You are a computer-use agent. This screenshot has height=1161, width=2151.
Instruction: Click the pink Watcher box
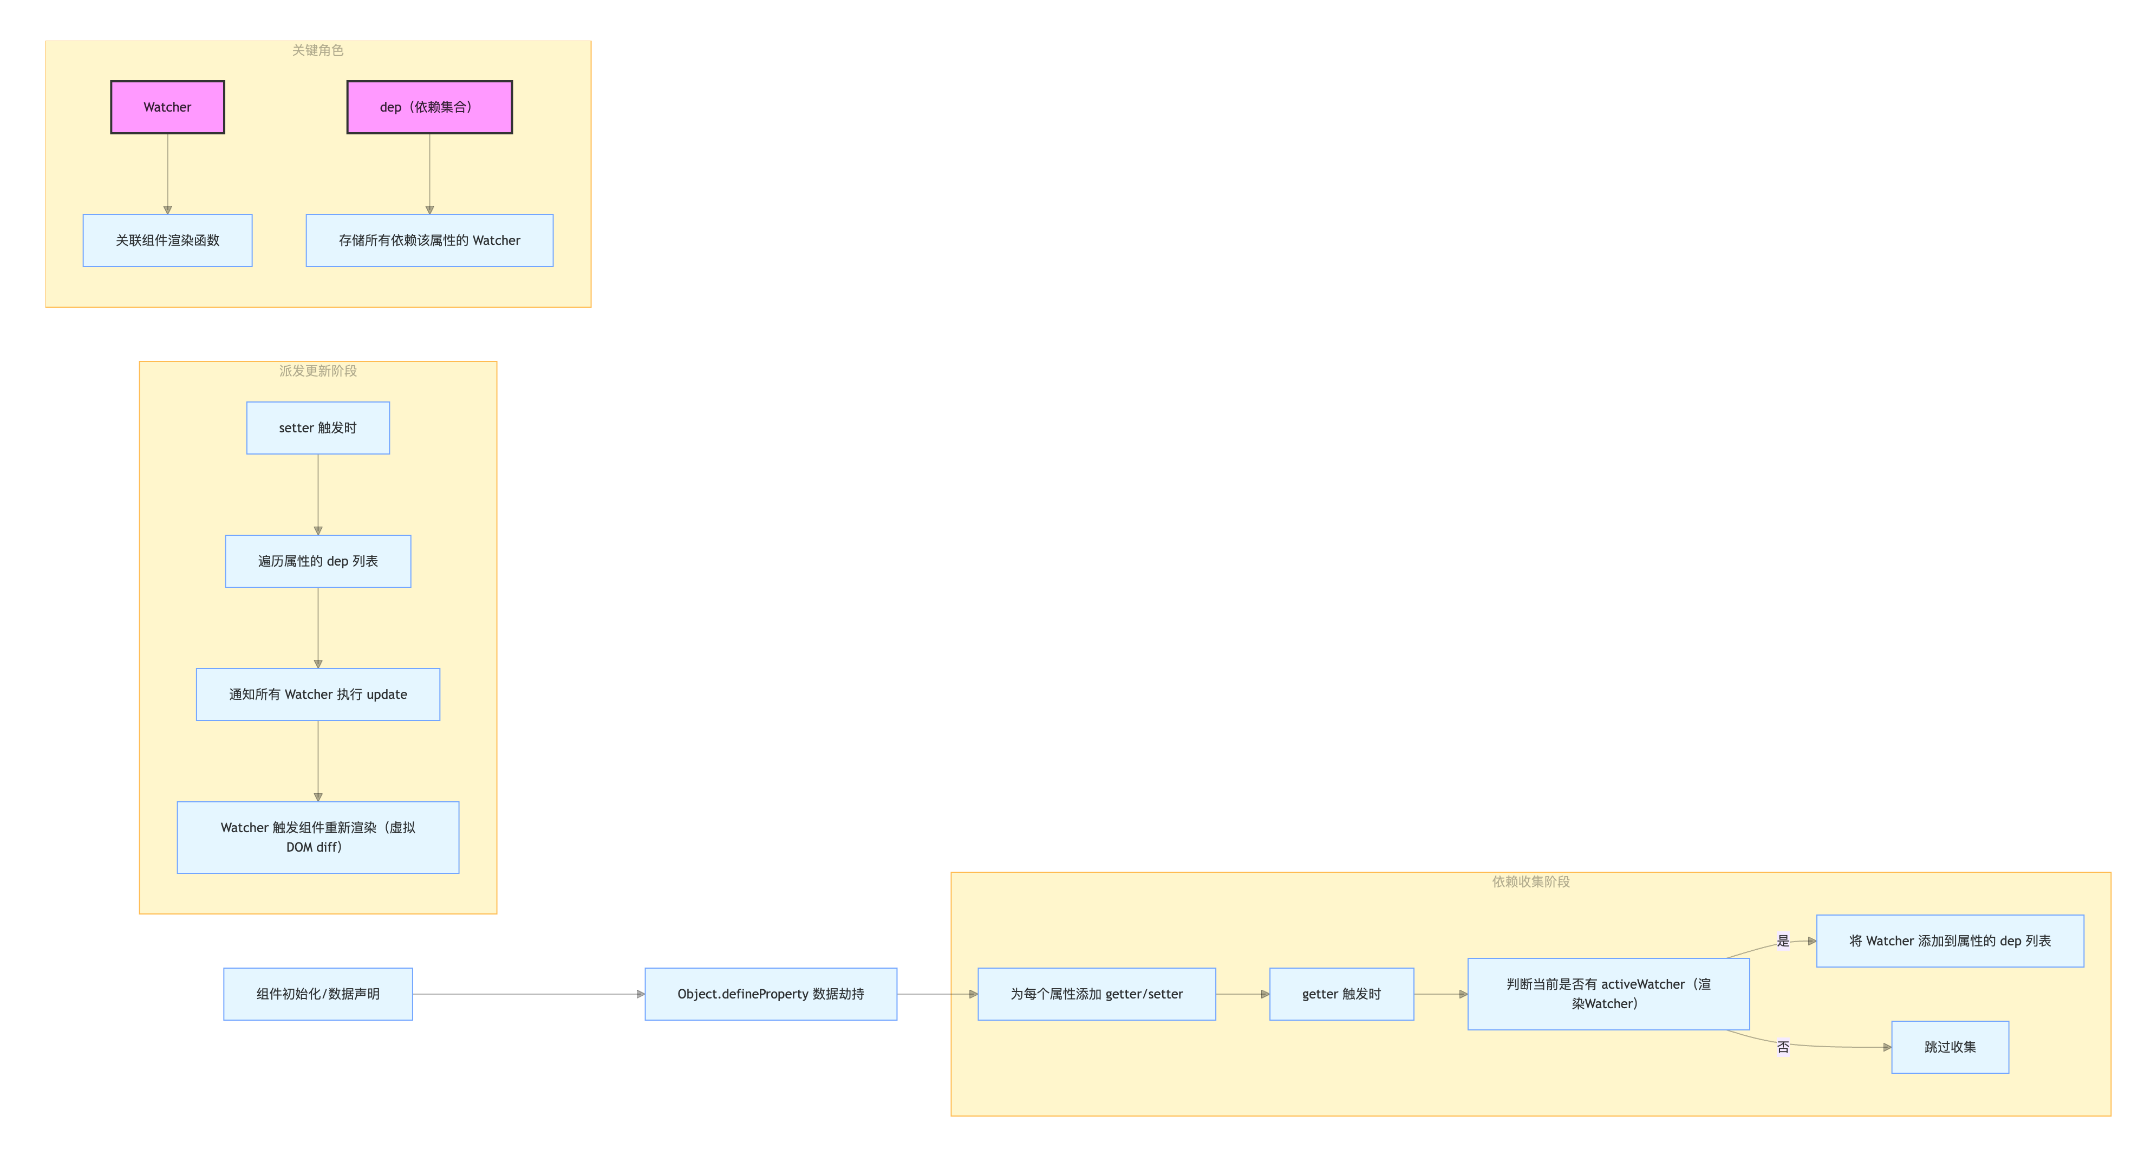tap(167, 107)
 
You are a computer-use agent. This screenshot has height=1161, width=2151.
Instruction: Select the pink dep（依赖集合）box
tap(429, 107)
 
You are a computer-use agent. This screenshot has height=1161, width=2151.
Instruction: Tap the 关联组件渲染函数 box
tap(167, 241)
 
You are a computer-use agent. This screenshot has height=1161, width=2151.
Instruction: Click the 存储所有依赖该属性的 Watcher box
tap(429, 241)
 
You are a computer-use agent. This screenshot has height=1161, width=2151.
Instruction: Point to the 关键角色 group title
tap(317, 50)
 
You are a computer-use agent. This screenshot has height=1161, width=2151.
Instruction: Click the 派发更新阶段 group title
tap(317, 371)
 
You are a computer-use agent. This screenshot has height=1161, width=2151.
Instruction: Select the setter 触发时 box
tap(317, 427)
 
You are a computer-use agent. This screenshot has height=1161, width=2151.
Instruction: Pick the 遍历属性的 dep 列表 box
tap(317, 561)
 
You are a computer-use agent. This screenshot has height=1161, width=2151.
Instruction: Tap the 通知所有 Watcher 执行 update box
tap(317, 694)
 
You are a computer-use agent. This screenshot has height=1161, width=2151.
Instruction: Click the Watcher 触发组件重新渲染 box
tap(317, 837)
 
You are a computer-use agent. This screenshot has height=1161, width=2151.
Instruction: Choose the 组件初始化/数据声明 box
tap(317, 994)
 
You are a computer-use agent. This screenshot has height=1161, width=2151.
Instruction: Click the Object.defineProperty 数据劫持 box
tap(771, 994)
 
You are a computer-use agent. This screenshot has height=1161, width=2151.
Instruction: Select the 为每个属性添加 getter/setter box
tap(1097, 994)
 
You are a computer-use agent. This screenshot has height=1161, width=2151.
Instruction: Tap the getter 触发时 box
tap(1341, 994)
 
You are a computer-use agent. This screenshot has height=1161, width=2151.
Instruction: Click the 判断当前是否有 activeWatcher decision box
tap(1608, 994)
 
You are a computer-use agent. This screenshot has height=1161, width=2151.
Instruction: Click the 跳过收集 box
tap(1950, 1047)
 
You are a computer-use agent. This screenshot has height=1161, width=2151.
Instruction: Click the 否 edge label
tap(1783, 1047)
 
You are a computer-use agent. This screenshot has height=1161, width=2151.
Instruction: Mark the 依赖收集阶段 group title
tap(1530, 882)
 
